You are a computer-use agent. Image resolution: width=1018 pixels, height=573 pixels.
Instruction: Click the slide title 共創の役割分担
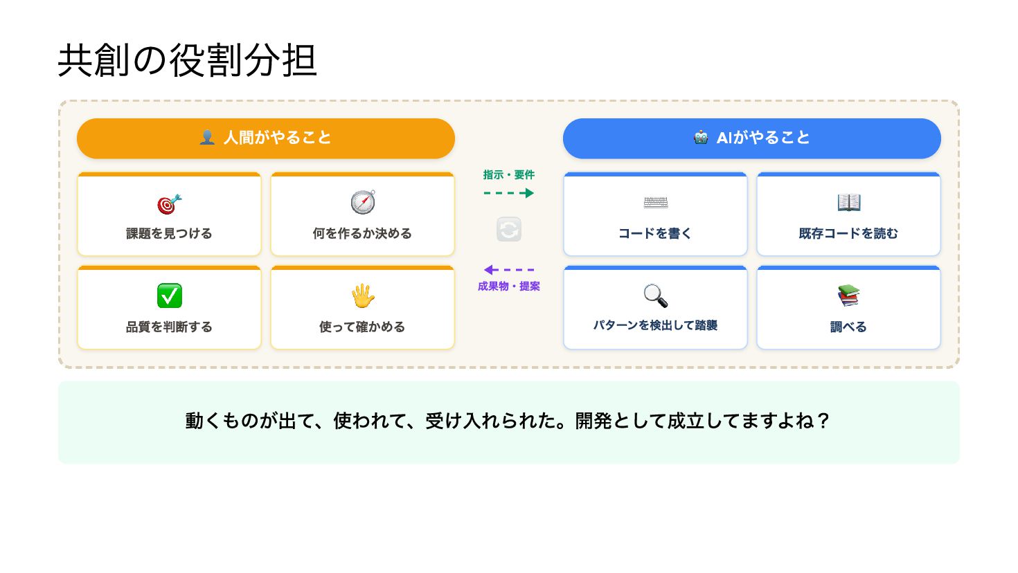[x=187, y=60]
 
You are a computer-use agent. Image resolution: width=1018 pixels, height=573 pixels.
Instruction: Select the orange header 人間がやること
[x=266, y=138]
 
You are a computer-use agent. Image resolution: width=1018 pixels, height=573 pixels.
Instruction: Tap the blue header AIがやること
[x=751, y=138]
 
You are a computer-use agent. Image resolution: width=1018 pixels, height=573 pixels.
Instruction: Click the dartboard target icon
[x=169, y=204]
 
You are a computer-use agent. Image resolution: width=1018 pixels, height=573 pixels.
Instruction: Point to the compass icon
[x=362, y=203]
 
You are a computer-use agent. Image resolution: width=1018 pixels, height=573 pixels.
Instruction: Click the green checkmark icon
[x=169, y=296]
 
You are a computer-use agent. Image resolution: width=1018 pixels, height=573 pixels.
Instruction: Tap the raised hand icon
[x=362, y=296]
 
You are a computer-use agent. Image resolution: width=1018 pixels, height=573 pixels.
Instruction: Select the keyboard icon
[x=655, y=203]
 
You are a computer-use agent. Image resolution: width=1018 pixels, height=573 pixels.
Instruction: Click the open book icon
[x=848, y=203]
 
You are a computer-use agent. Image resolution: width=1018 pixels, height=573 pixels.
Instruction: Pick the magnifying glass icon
[x=655, y=295]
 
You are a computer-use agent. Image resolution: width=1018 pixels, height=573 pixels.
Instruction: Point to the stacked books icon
[x=848, y=296]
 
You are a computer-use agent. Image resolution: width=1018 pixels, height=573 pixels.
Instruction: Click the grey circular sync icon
[x=509, y=230]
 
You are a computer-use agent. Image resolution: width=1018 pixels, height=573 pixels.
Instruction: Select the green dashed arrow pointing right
[x=509, y=193]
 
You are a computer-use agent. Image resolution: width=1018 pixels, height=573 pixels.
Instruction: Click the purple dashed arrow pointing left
[x=509, y=270]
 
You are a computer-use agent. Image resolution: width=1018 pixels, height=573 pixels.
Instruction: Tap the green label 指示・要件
[x=509, y=175]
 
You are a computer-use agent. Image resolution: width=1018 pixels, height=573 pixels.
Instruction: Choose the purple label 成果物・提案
[x=509, y=286]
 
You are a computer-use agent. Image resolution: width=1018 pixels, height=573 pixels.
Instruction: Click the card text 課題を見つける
[x=169, y=234]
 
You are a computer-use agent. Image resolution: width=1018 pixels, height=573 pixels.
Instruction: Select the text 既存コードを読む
[x=848, y=234]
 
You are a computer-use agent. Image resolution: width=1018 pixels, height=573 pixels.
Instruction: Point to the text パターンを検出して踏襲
[x=655, y=326]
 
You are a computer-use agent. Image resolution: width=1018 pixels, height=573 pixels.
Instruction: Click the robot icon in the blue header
[x=701, y=138]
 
